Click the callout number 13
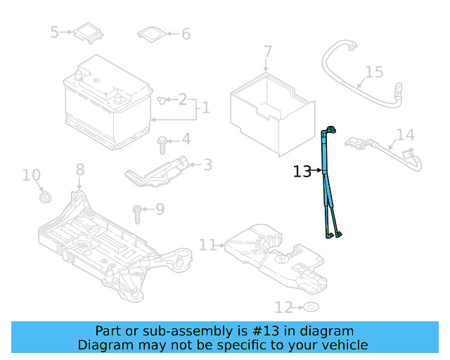[302, 171]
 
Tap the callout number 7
[267, 51]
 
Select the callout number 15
[374, 72]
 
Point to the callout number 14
[405, 134]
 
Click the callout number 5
[55, 32]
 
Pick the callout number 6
[186, 34]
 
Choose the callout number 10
[32, 175]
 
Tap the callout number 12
[283, 307]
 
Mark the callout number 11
[207, 245]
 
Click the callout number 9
[160, 209]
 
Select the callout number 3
[207, 165]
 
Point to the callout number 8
[79, 169]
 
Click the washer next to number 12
[310, 307]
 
